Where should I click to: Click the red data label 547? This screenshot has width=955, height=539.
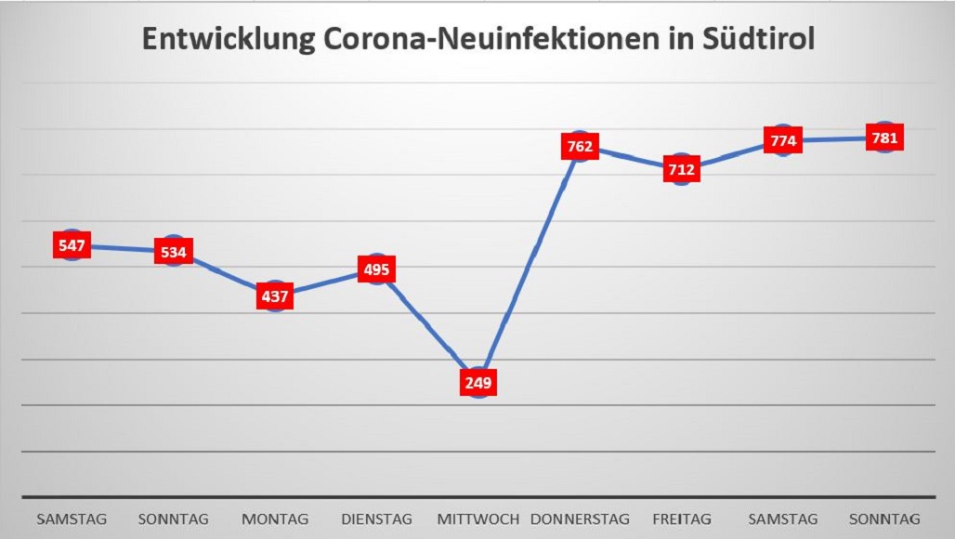coord(72,246)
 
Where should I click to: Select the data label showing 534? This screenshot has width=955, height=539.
coord(174,252)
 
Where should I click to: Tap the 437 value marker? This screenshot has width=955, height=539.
coord(275,297)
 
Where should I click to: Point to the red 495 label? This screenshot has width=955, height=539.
coord(376,270)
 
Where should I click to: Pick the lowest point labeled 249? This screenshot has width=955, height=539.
coord(478,383)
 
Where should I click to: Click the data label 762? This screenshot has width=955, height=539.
coord(579,147)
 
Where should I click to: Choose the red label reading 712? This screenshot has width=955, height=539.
coord(681,170)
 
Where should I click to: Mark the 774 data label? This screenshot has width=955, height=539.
coord(783,141)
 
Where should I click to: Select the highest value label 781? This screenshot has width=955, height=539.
coord(884,138)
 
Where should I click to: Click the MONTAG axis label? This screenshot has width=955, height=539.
coord(275,519)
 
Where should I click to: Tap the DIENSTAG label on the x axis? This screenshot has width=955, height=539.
coord(376,519)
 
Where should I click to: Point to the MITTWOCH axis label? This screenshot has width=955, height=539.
coord(477,519)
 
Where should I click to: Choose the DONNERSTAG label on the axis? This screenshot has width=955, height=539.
coord(580,519)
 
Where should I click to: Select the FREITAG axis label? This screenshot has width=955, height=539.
coord(682,519)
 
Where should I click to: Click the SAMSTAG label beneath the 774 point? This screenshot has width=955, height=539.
coord(783,519)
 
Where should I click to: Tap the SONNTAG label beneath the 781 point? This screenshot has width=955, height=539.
coord(885,519)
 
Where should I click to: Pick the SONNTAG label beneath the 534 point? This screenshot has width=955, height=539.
coord(174,519)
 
